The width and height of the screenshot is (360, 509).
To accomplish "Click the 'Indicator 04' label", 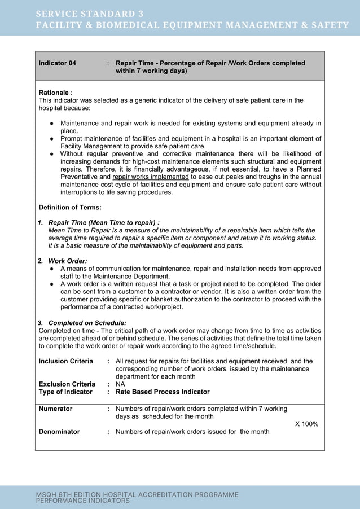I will (x=57, y=63).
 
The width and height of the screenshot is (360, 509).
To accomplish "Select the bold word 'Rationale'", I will (x=54, y=93).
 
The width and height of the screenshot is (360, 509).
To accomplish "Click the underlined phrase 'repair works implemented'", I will (x=151, y=177).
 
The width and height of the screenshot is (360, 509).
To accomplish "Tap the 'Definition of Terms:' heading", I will (x=69, y=208).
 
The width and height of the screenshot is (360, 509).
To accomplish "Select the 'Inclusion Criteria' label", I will (x=65, y=361).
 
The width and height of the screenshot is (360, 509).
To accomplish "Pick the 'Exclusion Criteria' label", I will (x=67, y=384).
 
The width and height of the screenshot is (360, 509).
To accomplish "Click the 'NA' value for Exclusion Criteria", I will (x=120, y=384).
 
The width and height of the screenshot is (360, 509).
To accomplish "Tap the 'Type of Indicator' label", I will (x=65, y=392).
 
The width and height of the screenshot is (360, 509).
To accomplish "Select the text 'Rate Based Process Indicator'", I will (x=163, y=392).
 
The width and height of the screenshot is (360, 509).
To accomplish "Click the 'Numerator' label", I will (x=55, y=409).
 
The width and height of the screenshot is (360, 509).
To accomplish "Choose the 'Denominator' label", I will (x=59, y=432).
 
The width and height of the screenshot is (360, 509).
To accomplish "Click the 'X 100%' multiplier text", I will (x=307, y=424).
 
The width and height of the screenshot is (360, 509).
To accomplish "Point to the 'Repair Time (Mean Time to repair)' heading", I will (x=103, y=223).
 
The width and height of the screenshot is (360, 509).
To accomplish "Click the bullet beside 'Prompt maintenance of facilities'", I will (x=51, y=139).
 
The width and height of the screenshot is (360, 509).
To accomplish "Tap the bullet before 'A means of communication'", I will (x=51, y=269).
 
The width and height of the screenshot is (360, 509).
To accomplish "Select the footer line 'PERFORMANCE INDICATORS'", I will (x=83, y=501).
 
